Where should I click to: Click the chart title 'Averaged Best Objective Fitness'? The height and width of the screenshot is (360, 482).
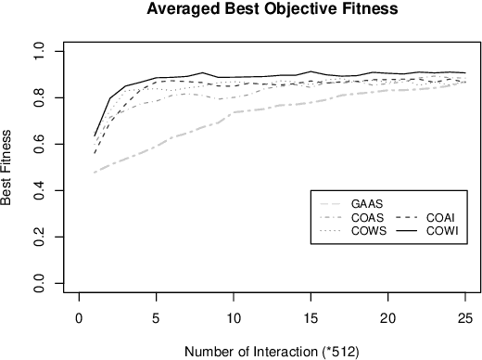click(x=265, y=11)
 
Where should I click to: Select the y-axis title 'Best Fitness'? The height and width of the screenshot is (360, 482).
click(x=10, y=167)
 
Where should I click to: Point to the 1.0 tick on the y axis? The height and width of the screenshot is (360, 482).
click(x=39, y=51)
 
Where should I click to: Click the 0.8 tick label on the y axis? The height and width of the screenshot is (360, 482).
click(x=39, y=97)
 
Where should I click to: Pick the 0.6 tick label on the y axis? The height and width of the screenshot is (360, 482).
click(x=39, y=145)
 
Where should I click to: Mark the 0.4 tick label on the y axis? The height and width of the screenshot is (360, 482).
click(x=39, y=191)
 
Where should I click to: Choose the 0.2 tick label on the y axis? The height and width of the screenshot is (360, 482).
click(x=39, y=238)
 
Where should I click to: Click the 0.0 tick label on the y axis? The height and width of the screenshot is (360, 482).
click(x=39, y=284)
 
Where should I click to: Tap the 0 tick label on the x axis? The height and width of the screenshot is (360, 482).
click(x=80, y=318)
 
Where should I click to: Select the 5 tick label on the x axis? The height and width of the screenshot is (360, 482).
click(x=157, y=318)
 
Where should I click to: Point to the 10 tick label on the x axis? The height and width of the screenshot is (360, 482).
click(x=234, y=318)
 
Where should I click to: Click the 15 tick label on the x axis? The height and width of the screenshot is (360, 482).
click(x=311, y=318)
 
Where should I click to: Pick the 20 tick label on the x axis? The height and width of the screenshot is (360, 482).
click(x=387, y=318)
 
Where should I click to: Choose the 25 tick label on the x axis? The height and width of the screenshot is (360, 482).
click(x=464, y=318)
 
